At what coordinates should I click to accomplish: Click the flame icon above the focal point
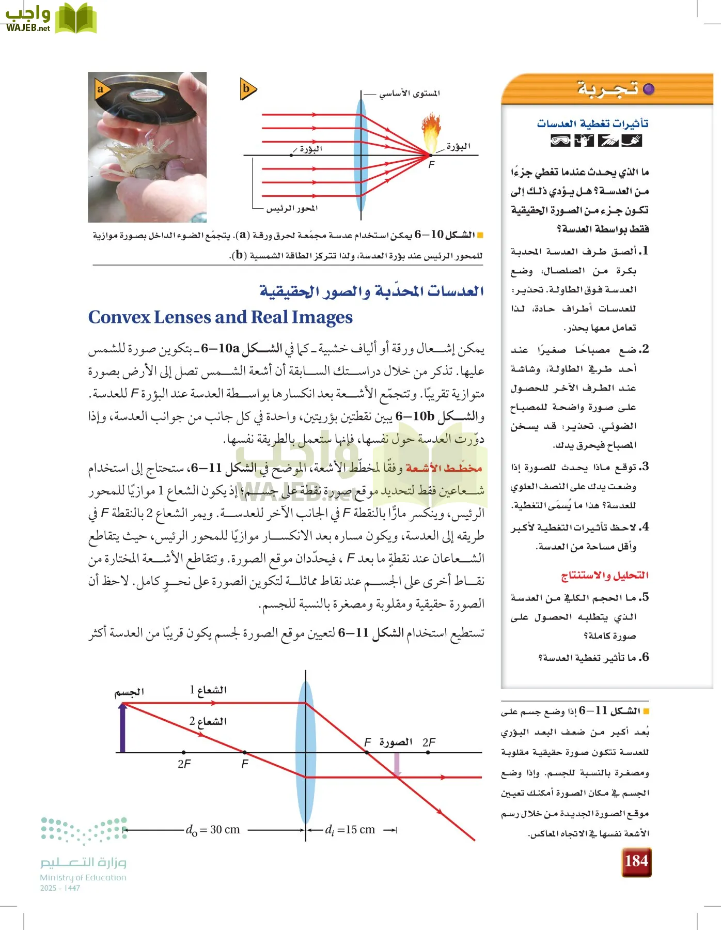430,132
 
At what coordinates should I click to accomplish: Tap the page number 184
636,861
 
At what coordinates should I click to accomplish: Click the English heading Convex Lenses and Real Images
221,317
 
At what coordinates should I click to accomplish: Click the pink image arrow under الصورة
397,764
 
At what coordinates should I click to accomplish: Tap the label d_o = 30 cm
213,830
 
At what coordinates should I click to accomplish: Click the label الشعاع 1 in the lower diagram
208,690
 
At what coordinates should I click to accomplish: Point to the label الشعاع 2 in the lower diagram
208,721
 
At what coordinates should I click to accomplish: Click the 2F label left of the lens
184,764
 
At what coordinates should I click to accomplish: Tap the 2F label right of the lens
429,742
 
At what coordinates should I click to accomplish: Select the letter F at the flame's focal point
432,164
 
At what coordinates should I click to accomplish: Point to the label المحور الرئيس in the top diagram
292,208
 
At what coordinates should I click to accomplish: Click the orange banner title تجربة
607,89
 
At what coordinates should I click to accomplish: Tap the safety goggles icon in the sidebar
560,141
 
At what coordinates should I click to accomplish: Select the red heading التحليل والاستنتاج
605,575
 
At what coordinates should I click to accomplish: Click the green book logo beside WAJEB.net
75,19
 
